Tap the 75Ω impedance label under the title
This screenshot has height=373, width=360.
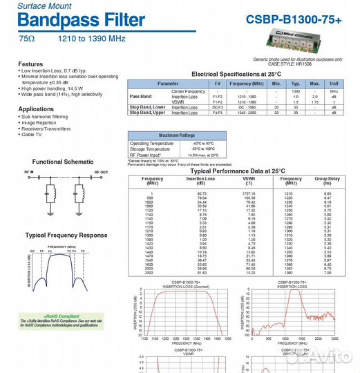click(27, 39)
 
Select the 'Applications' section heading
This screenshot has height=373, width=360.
click(36, 109)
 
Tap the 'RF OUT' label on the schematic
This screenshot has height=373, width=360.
click(100, 171)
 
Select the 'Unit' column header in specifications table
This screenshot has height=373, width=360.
click(334, 83)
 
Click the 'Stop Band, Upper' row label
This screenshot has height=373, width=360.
click(147, 113)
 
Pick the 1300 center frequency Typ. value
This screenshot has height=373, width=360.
click(296, 91)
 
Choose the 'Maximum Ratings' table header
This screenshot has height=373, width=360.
click(178, 135)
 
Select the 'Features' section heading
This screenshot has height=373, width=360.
click(30, 64)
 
